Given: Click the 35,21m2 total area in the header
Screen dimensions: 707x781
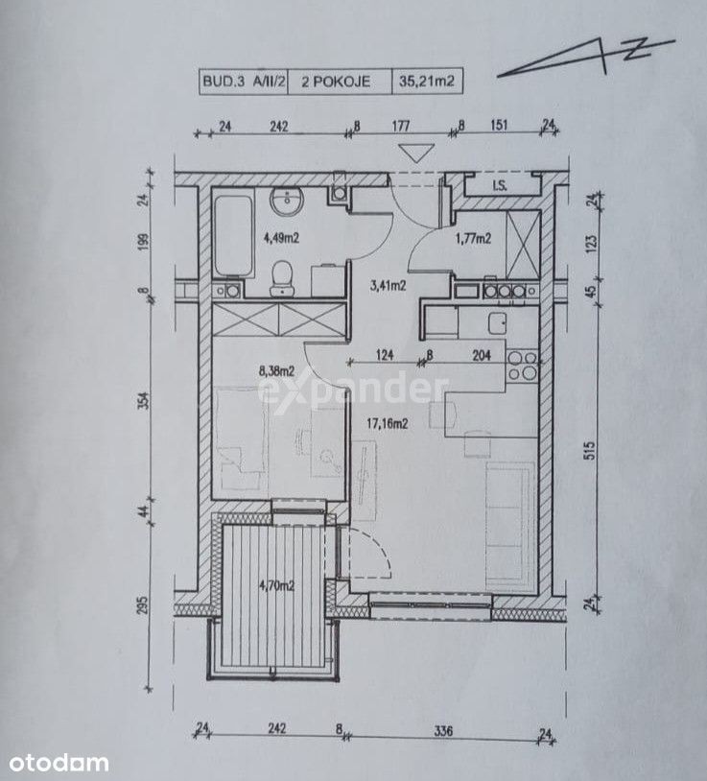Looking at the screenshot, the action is (427, 82).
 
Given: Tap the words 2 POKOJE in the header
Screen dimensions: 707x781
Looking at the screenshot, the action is (336, 82).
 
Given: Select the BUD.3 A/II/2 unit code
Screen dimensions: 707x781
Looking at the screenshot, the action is (244, 82).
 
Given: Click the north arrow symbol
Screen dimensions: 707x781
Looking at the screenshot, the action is (586, 58).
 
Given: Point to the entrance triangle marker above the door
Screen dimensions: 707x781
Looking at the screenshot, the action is (416, 153).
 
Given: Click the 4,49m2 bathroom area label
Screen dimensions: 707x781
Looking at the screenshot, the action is (281, 238).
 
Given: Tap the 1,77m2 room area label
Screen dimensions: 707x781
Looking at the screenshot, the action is (474, 239).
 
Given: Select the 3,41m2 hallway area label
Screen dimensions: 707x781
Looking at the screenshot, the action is (388, 285).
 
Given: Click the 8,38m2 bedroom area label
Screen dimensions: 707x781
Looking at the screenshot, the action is (277, 370).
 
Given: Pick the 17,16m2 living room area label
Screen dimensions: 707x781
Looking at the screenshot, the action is (388, 423).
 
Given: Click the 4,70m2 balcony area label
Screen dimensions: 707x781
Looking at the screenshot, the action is (277, 585).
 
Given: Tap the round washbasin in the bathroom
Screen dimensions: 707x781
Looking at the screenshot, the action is (287, 201).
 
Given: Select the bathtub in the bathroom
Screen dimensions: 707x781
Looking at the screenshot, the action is (233, 236).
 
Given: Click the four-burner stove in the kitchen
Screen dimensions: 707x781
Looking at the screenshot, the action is (522, 366).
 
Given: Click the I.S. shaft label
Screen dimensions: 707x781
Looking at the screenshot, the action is (500, 186).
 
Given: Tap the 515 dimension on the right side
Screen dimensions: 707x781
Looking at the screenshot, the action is (591, 450).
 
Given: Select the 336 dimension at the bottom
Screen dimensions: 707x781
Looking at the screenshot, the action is (443, 730).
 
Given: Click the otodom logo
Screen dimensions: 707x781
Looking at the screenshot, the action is (59, 763).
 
